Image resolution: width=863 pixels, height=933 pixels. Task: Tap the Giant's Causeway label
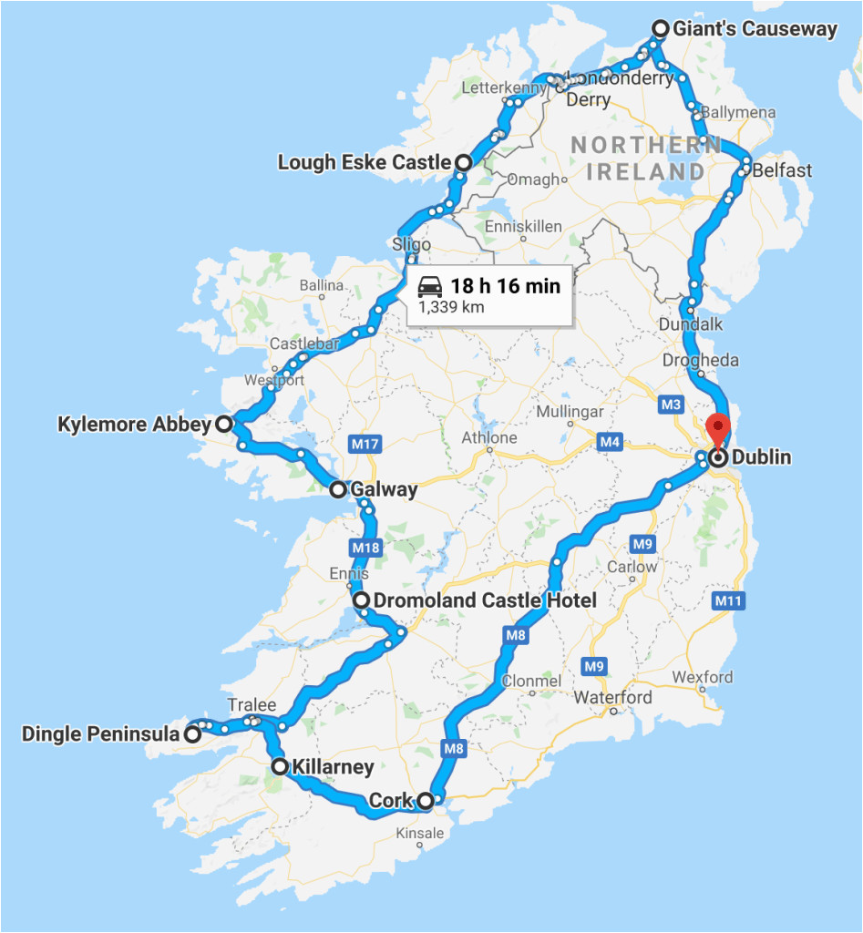point(755,28)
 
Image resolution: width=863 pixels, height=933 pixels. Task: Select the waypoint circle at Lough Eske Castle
point(463,162)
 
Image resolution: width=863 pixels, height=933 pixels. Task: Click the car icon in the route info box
point(430,288)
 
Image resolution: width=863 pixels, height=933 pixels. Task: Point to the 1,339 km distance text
point(451,307)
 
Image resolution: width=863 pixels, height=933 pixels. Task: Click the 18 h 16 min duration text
point(505,286)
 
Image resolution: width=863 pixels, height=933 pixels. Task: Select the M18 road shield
point(365,548)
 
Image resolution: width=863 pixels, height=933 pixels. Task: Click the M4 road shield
point(610,443)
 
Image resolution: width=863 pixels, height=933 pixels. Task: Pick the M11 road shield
point(728,600)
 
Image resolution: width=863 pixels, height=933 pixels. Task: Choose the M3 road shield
point(671,404)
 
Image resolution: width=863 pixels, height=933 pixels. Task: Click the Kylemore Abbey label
point(134,424)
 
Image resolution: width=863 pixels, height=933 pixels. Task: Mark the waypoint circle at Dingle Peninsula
point(192,733)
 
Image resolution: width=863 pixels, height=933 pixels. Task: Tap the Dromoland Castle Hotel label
point(485,600)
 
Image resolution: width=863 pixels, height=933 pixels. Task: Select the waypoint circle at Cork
point(425,801)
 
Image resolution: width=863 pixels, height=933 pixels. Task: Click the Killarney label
point(334,767)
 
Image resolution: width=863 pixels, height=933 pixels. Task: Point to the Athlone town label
point(489,437)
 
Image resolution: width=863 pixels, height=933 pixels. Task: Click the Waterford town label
point(612,698)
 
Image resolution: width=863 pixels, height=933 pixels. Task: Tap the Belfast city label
point(782,170)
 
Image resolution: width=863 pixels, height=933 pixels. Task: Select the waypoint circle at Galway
point(338,489)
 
